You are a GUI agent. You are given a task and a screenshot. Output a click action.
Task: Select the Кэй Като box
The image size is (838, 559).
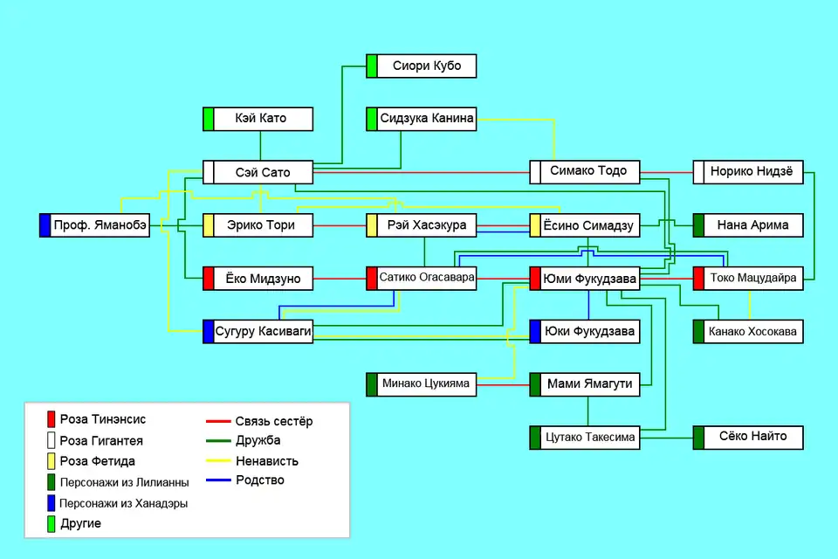click(261, 119)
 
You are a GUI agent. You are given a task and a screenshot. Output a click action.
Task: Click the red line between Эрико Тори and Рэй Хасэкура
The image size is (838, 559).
click(341, 226)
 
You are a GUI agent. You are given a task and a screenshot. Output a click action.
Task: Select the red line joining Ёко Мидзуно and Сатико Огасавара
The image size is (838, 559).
click(341, 279)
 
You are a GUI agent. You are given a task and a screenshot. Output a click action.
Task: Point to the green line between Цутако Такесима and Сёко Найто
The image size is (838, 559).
click(666, 437)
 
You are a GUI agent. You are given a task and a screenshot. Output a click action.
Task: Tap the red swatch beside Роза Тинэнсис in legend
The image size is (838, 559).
click(52, 420)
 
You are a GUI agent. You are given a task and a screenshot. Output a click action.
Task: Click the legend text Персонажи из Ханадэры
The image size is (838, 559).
click(124, 504)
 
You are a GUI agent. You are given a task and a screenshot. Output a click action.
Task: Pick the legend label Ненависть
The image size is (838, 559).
click(267, 461)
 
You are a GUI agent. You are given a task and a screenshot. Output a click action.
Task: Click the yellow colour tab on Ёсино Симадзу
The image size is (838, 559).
click(535, 225)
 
